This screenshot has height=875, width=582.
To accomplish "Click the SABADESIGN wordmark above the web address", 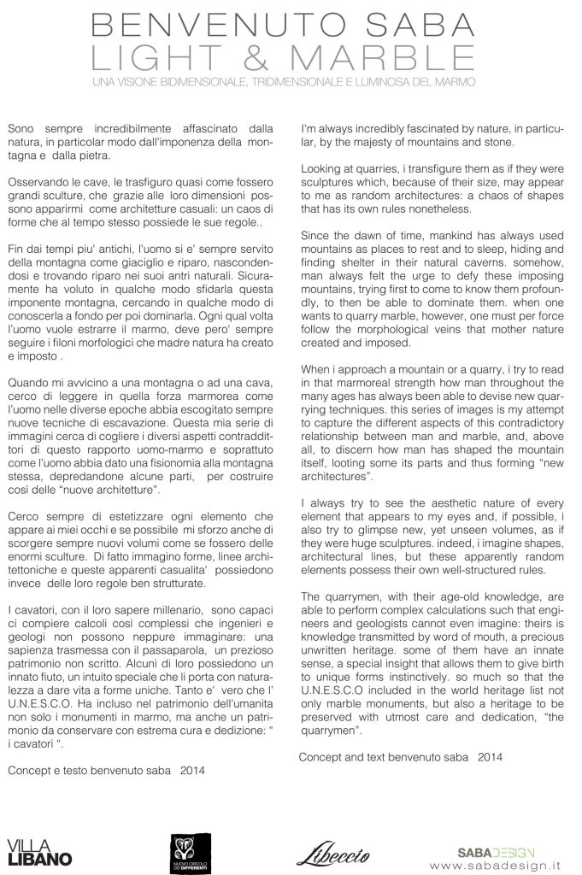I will [495, 851].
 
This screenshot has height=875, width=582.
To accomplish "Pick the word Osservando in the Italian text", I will [38, 184].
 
